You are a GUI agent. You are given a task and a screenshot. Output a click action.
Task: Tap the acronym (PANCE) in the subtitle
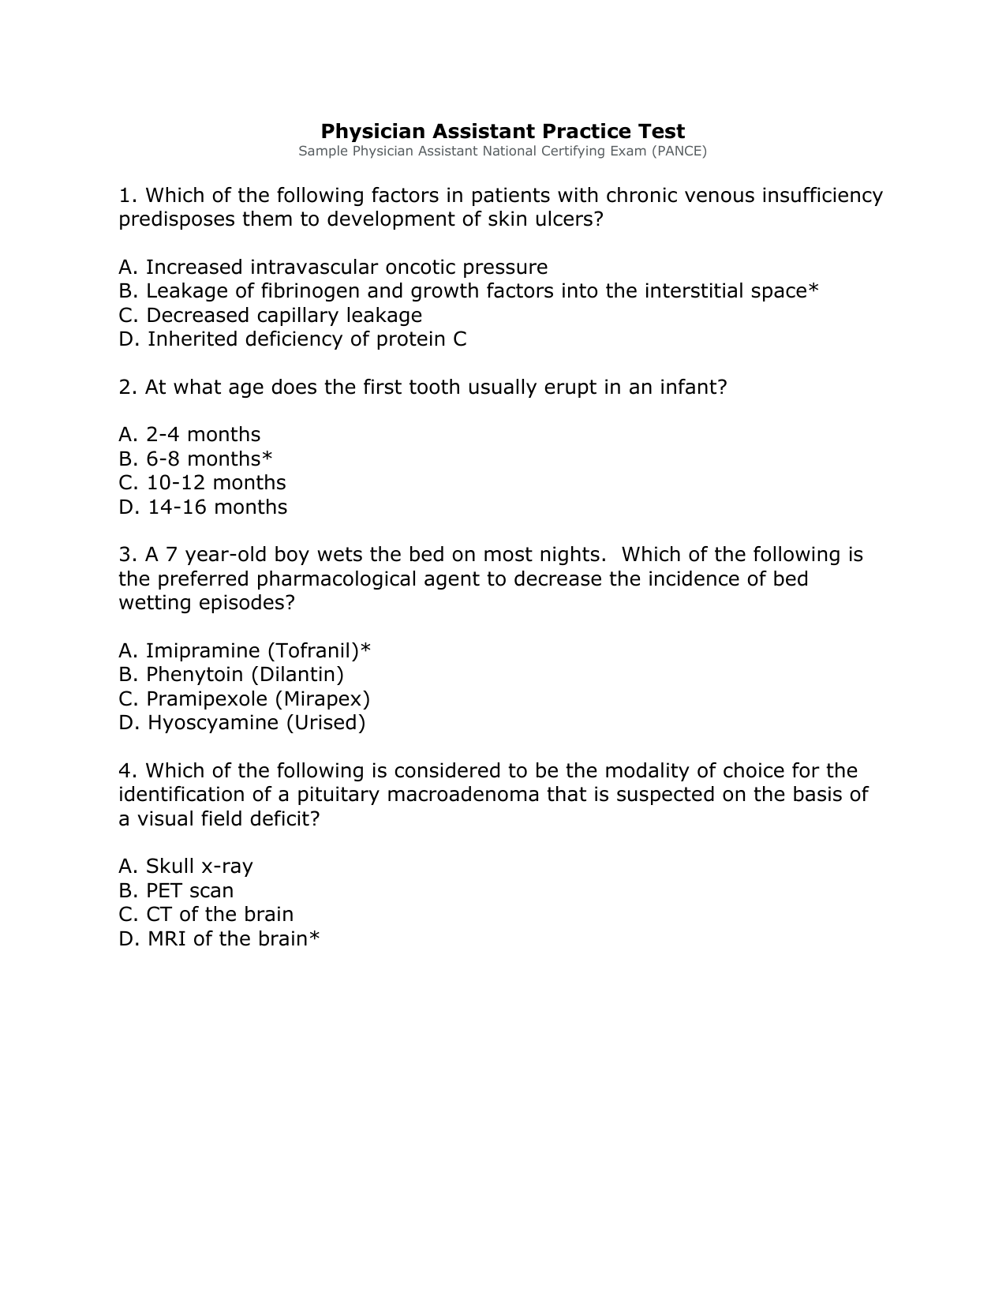pyautogui.click(x=679, y=151)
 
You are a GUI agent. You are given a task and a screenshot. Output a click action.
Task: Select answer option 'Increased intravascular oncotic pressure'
pyautogui.click(x=333, y=268)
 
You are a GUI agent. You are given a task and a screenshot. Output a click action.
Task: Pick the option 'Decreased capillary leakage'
pyautogui.click(x=271, y=316)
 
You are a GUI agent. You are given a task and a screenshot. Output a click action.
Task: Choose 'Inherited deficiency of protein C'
pyautogui.click(x=293, y=339)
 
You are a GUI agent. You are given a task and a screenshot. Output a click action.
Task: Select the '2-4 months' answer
pyautogui.click(x=189, y=435)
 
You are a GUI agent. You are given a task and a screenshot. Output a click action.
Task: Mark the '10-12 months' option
pyautogui.click(x=202, y=483)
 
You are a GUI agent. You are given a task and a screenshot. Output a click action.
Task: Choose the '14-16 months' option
pyautogui.click(x=203, y=507)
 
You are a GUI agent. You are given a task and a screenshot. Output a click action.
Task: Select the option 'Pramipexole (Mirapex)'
pyautogui.click(x=245, y=699)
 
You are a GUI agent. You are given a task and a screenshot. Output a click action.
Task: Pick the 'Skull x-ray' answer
pyautogui.click(x=185, y=867)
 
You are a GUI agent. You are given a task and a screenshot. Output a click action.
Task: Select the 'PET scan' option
pyautogui.click(x=176, y=891)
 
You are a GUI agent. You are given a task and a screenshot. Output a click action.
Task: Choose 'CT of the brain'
pyautogui.click(x=206, y=915)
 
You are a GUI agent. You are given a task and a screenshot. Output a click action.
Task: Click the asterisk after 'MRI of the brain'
pyautogui.click(x=314, y=937)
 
